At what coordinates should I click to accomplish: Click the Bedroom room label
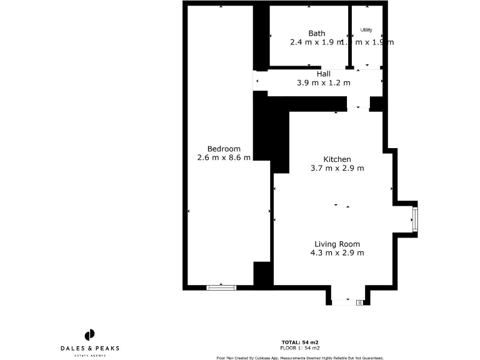click(224, 149)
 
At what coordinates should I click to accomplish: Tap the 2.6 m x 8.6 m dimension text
click(224, 157)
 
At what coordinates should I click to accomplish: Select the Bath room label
click(317, 33)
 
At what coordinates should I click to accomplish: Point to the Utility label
click(366, 29)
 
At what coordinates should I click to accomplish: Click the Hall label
click(323, 74)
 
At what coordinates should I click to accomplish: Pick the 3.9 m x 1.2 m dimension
click(323, 82)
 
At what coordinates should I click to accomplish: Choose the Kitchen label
click(337, 159)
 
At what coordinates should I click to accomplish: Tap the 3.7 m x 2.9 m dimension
click(337, 168)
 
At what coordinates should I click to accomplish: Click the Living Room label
click(337, 244)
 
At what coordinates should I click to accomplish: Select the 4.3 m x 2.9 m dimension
click(337, 253)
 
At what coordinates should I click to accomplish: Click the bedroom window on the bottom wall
click(221, 287)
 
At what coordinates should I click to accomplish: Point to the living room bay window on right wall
click(414, 219)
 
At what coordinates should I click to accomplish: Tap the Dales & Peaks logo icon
click(90, 334)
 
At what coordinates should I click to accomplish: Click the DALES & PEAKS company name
click(90, 348)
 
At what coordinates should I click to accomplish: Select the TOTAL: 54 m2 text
click(300, 342)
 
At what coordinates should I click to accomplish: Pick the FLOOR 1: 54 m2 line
click(300, 347)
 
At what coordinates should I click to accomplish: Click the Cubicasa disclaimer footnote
click(300, 358)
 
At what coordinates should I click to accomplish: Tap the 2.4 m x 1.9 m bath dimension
click(316, 42)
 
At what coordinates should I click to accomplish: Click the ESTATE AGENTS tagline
click(90, 355)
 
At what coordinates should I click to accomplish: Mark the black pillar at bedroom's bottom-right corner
click(262, 274)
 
